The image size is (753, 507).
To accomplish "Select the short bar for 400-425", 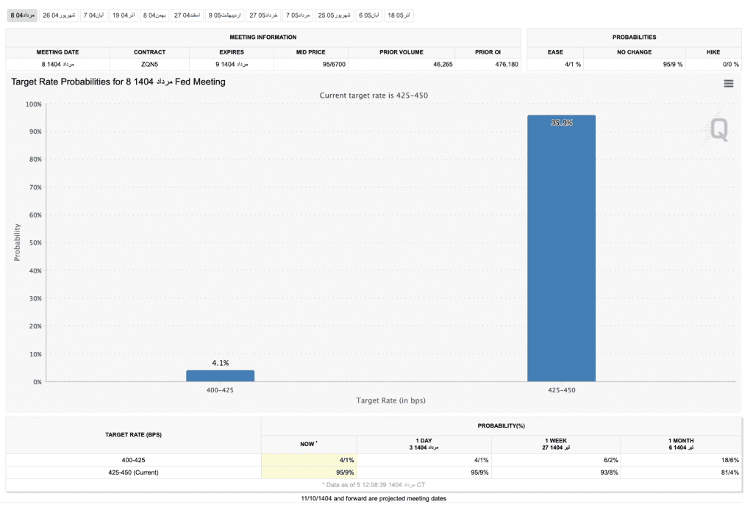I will (x=220, y=375).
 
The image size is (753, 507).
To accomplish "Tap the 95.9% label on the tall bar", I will (x=561, y=123).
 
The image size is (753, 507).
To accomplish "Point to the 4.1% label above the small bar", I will (x=220, y=363).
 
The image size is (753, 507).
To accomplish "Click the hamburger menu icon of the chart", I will (x=728, y=84).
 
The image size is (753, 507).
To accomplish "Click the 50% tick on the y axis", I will (x=34, y=242).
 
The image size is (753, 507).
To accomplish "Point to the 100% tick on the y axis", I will (x=33, y=104).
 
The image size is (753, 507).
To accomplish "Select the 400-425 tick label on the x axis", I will (x=220, y=390).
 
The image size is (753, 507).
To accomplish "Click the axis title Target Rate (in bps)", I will (x=390, y=400).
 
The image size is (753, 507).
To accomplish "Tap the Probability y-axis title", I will (x=17, y=242).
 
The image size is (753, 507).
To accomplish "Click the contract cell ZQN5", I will (x=149, y=65).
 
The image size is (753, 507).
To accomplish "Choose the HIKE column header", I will (x=712, y=52).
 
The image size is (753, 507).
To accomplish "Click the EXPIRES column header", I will (x=231, y=52).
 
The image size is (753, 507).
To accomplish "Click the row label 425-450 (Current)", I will (x=133, y=472).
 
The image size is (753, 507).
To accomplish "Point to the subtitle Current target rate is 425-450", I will (x=374, y=96).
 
